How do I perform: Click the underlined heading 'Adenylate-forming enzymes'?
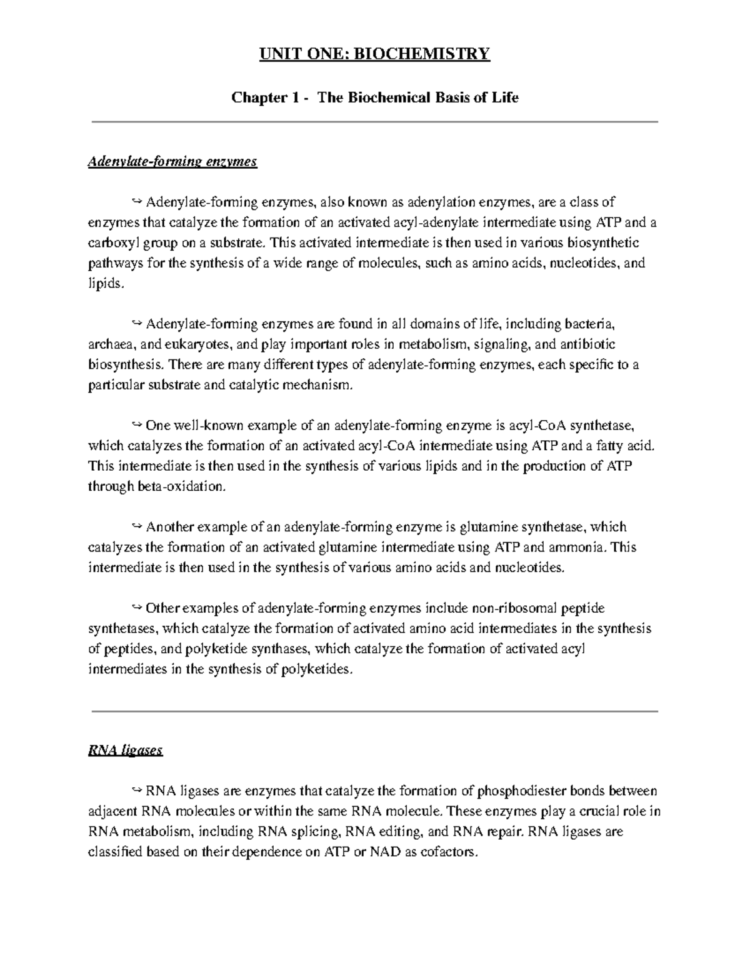click(172, 162)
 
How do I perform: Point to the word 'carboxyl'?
click(111, 243)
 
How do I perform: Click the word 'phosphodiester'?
click(519, 792)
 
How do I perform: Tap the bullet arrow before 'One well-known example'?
click(137, 426)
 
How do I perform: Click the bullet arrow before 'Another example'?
click(137, 527)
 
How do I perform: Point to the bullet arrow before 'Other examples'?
click(137, 608)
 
